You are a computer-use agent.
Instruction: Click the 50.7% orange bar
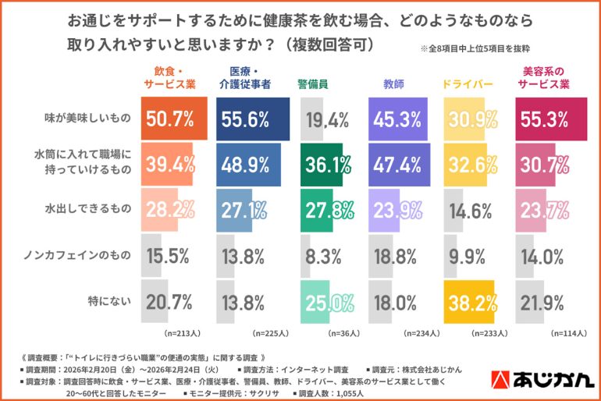click(172, 119)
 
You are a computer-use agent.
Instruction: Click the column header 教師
click(394, 81)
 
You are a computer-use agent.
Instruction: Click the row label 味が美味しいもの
click(82, 119)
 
